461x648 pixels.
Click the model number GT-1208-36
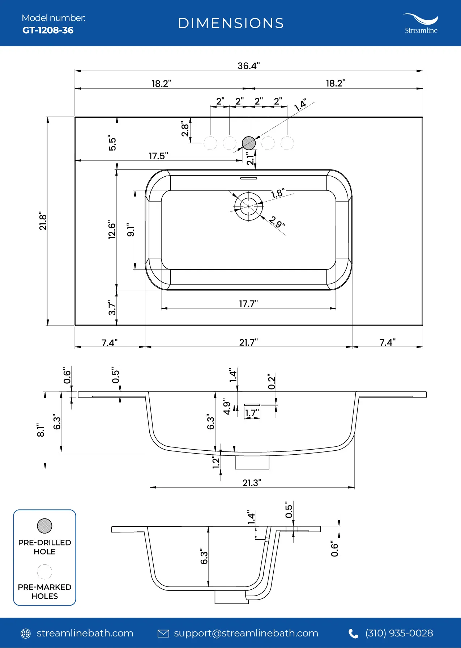click(x=48, y=30)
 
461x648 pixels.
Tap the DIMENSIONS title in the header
click(x=231, y=24)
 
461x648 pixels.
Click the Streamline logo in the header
click(x=421, y=24)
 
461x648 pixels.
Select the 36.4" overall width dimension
click(x=249, y=66)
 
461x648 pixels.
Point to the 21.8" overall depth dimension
click(x=43, y=221)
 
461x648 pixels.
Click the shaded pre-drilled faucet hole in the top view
click(x=249, y=143)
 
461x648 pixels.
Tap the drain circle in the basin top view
click(x=249, y=206)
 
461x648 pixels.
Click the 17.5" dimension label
click(x=158, y=156)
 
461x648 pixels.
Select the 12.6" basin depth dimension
click(x=112, y=230)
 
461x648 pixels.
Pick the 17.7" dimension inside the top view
click(x=248, y=304)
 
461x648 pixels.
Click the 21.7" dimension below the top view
click(x=248, y=342)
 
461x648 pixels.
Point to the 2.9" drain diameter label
click(x=277, y=222)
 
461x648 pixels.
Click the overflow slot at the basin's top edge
click(x=249, y=178)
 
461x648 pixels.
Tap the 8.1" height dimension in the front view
click(x=41, y=430)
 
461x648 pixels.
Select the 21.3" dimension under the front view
click(x=252, y=483)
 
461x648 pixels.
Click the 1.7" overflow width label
click(x=252, y=413)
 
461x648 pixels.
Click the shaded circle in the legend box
click(x=44, y=526)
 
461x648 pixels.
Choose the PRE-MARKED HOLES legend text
click(x=44, y=592)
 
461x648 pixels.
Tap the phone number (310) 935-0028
click(x=399, y=633)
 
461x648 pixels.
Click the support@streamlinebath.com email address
click(x=246, y=633)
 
